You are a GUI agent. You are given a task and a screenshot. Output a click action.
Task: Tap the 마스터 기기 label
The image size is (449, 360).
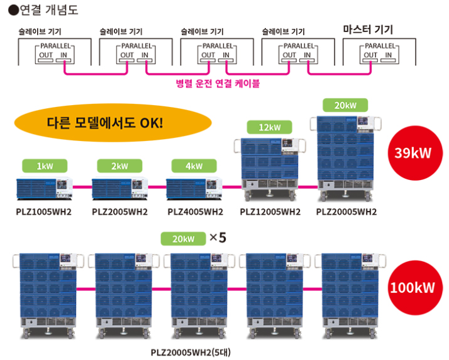pyautogui.click(x=372, y=30)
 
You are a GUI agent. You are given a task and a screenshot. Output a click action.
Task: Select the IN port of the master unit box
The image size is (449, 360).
pyautogui.click(x=389, y=55)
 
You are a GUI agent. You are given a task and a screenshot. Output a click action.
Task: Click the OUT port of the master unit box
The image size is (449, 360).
pyautogui.click(x=370, y=55)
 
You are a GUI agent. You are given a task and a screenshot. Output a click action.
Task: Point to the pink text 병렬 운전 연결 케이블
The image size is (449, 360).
pyautogui.click(x=218, y=82)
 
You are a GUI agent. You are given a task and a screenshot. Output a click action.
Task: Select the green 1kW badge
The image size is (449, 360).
pyautogui.click(x=44, y=166)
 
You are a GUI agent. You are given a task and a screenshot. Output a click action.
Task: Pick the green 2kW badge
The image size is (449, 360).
pyautogui.click(x=119, y=166)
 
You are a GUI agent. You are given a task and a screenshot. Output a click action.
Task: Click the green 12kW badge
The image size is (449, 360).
pyautogui.click(x=270, y=128)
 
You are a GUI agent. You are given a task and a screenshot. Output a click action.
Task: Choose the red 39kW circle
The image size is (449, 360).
pyautogui.click(x=412, y=152)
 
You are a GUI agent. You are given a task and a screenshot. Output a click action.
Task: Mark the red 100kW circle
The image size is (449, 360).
pyautogui.click(x=412, y=288)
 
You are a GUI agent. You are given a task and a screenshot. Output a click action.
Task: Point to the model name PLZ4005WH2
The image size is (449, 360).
pyautogui.click(x=196, y=211)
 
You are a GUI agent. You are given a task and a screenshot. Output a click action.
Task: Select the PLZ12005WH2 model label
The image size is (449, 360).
pyautogui.click(x=270, y=211)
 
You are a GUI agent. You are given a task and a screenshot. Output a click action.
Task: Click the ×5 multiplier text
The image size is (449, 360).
pyautogui.click(x=217, y=238)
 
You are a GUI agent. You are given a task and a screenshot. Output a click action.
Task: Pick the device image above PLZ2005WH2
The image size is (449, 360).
pyautogui.click(x=119, y=187)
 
